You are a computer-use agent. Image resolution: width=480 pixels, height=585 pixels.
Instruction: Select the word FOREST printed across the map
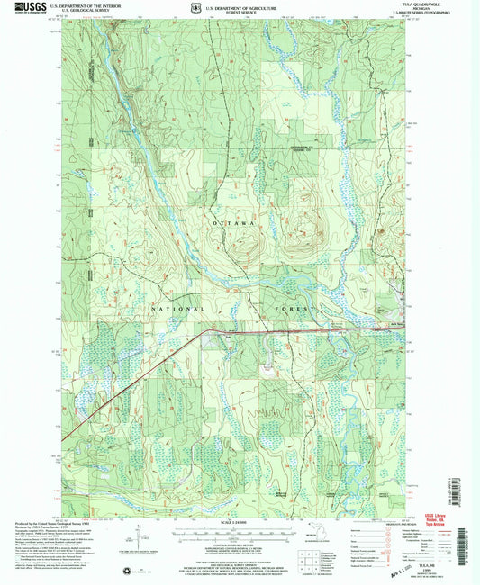296,309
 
